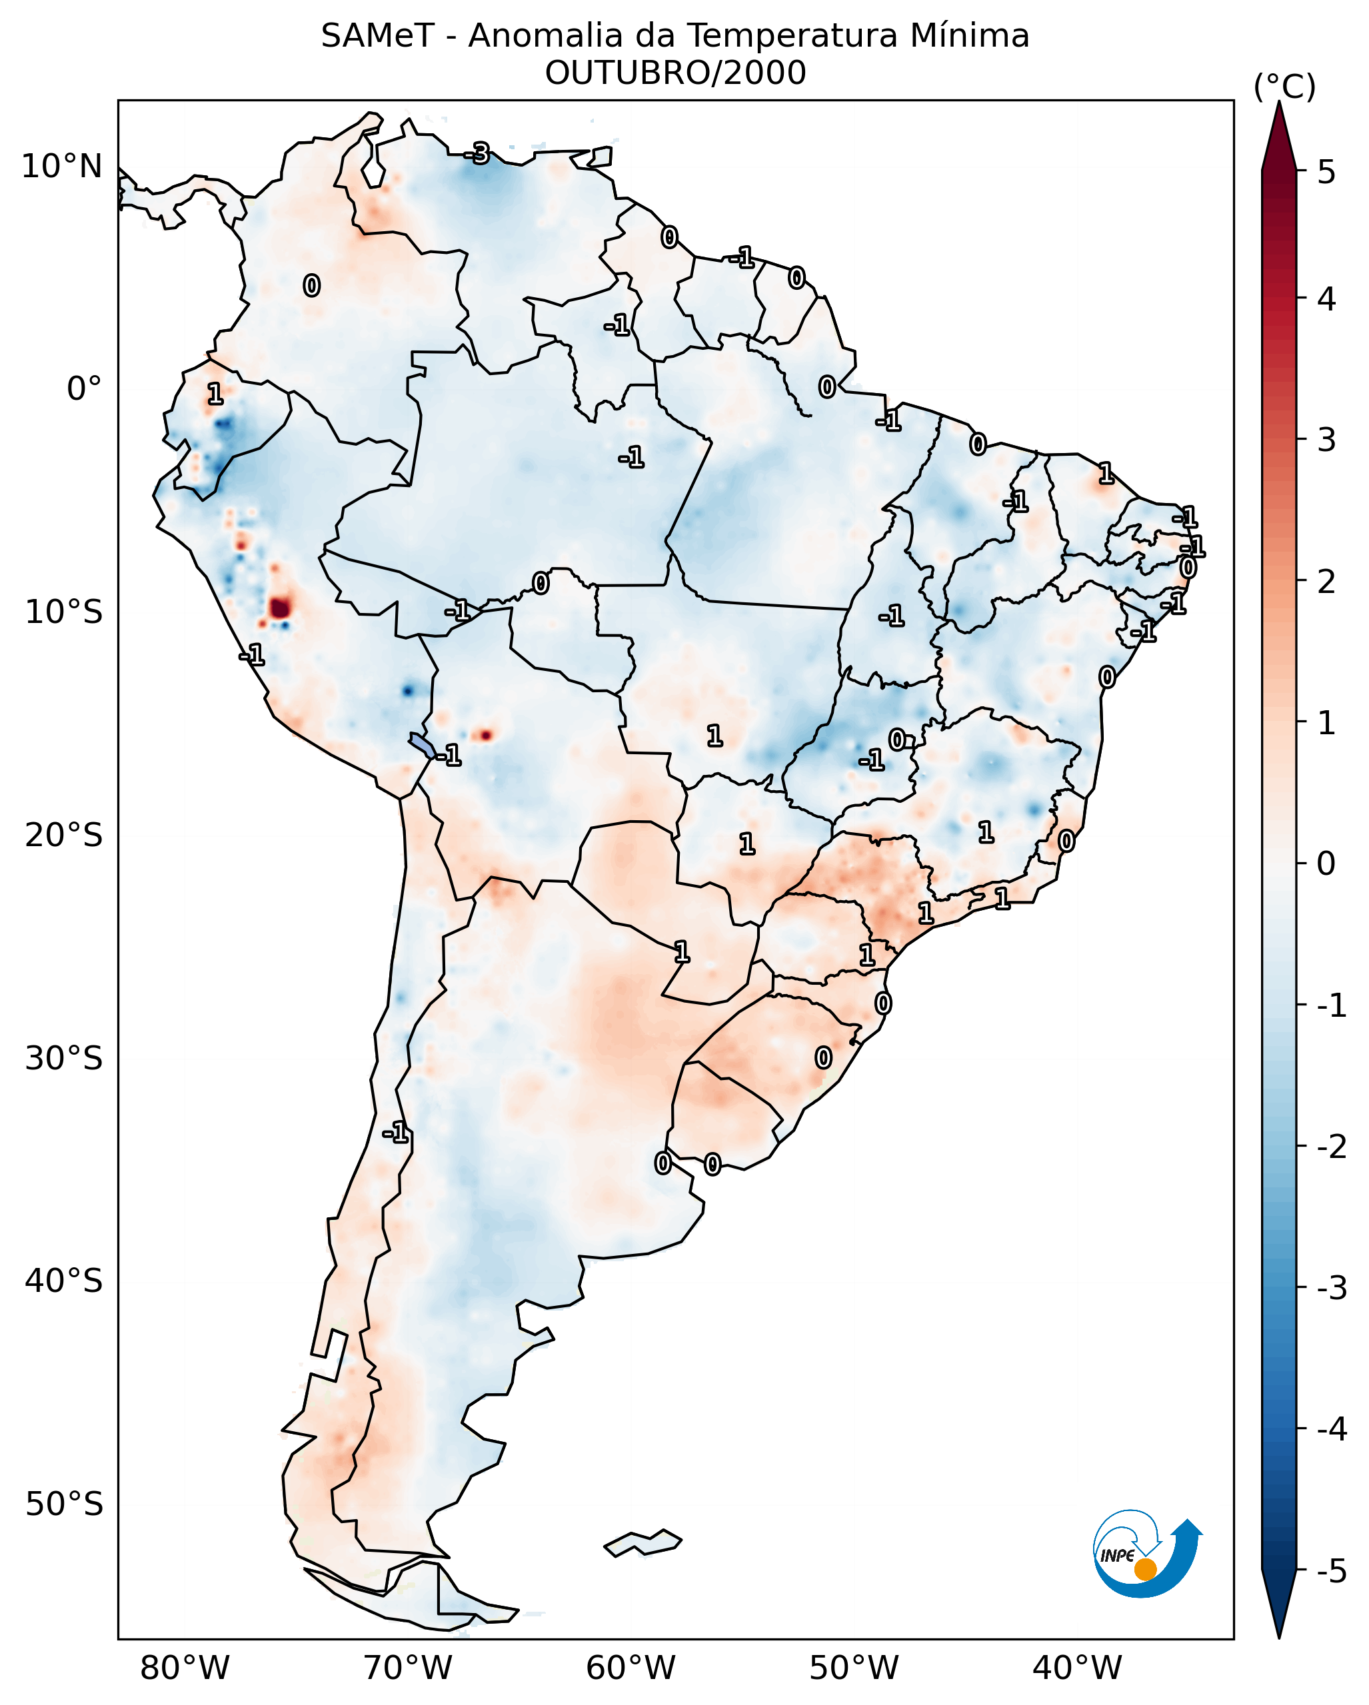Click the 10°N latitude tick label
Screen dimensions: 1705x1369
[62, 167]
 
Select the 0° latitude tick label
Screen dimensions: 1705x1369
[84, 389]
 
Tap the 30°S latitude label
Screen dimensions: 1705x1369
[64, 1058]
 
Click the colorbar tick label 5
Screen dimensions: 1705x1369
[1326, 172]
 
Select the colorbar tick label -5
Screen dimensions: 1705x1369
[1331, 1570]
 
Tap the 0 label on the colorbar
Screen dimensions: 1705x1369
[1326, 863]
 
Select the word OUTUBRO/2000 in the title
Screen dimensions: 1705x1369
[675, 73]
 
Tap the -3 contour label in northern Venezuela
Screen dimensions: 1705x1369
[477, 153]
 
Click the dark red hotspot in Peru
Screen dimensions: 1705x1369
[280, 608]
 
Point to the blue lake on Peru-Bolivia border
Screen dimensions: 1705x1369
[421, 744]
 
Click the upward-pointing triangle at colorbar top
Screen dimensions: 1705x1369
[1279, 135]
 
